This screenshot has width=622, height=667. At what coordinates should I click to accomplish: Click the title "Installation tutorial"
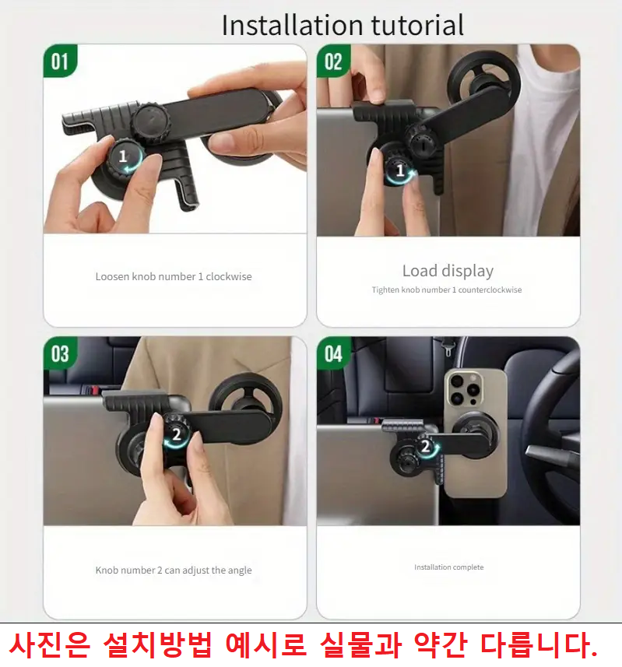coord(343,25)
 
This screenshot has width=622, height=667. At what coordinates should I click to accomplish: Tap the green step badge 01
coord(60,61)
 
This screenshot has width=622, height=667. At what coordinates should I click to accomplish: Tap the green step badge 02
coord(333,61)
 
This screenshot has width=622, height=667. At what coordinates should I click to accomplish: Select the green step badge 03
coord(60,354)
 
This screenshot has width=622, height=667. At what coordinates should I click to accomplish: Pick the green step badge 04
coord(333,354)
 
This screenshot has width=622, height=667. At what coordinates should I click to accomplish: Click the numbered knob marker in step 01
coord(123,156)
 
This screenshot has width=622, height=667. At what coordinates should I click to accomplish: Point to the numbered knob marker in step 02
coord(401,170)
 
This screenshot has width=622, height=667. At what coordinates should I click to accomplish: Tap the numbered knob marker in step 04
coord(426,447)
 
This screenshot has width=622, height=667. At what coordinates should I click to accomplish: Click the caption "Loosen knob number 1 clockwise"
coord(174,276)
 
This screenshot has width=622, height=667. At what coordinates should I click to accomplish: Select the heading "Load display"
coord(448,271)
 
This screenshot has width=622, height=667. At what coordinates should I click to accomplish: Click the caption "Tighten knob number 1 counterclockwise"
coord(447,290)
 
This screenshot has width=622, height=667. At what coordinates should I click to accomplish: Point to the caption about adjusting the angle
coord(174,570)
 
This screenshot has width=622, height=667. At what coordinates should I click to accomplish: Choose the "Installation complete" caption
coord(448,567)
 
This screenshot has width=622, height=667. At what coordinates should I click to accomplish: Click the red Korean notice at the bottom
coord(304,645)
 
